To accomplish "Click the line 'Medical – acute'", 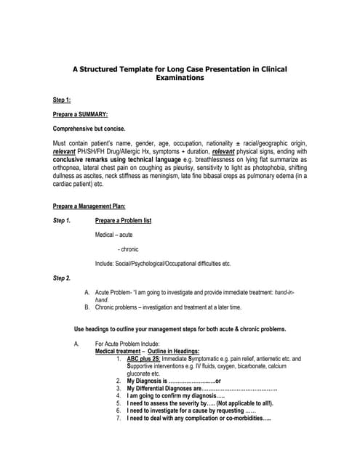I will pyautogui.click(x=113, y=235).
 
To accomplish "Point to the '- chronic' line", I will pyautogui.click(x=128, y=249).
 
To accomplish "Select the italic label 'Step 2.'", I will pyautogui.click(x=63, y=278).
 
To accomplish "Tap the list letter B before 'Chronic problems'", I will pyautogui.click(x=87, y=307).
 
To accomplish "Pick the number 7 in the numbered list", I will pyautogui.click(x=118, y=418).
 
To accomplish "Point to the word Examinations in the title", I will pyautogui.click(x=180, y=78).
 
